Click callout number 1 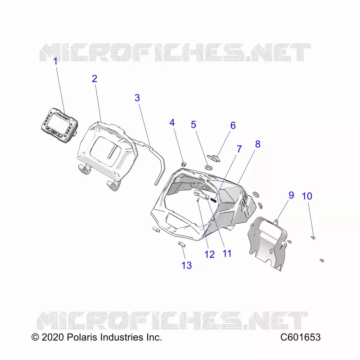(55, 61)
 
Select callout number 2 (94, 79)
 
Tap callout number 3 (137, 98)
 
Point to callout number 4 (172, 122)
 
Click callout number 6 (233, 126)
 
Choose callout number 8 (258, 144)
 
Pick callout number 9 (291, 195)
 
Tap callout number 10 (307, 196)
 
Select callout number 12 (210, 254)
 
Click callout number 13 (187, 265)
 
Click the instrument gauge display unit (60, 125)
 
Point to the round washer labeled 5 (209, 167)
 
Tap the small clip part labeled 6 (214, 158)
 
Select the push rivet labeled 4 (184, 164)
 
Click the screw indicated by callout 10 (313, 238)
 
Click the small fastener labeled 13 (181, 244)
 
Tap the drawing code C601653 (300, 337)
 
